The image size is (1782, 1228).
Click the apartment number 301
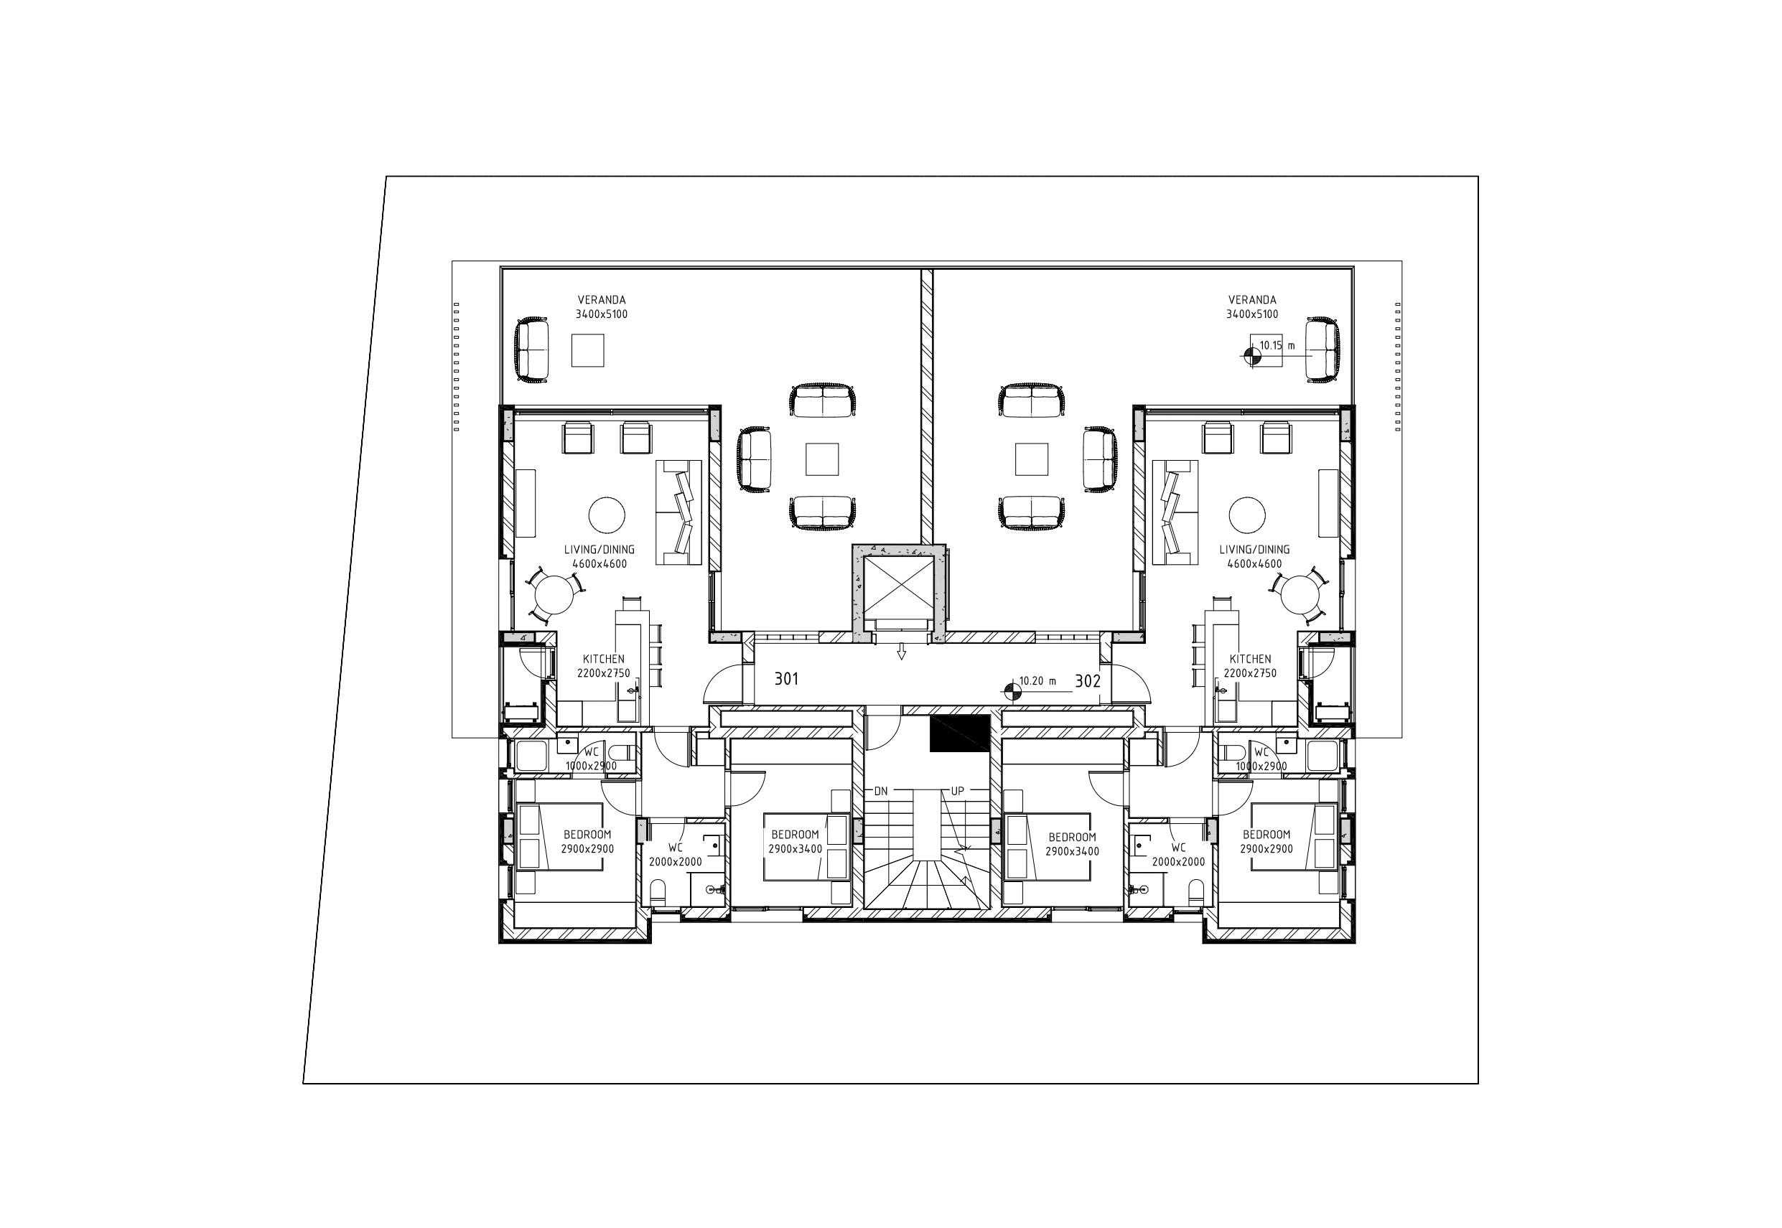tap(786, 679)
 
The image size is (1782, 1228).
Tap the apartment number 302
tap(1088, 681)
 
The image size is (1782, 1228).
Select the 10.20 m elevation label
tap(1037, 681)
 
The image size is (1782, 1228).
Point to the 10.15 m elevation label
tap(1277, 345)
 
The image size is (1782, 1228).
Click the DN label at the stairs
tap(881, 791)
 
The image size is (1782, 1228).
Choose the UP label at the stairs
tap(958, 791)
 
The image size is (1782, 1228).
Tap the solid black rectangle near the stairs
tap(959, 733)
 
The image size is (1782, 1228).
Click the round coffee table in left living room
tap(607, 515)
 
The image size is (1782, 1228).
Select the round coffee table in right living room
tap(1247, 515)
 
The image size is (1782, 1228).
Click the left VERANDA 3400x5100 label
tap(602, 307)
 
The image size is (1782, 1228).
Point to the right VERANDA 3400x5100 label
tap(1252, 307)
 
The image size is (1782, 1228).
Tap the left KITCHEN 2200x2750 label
tap(604, 666)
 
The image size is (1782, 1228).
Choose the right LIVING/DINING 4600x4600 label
tap(1255, 556)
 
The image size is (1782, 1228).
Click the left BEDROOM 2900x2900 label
tap(587, 842)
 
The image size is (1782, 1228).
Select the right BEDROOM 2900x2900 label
tap(1266, 842)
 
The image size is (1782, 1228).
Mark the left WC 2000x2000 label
tap(675, 855)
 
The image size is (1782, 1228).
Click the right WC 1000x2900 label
tap(1261, 759)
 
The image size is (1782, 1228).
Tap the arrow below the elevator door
tap(900, 653)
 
